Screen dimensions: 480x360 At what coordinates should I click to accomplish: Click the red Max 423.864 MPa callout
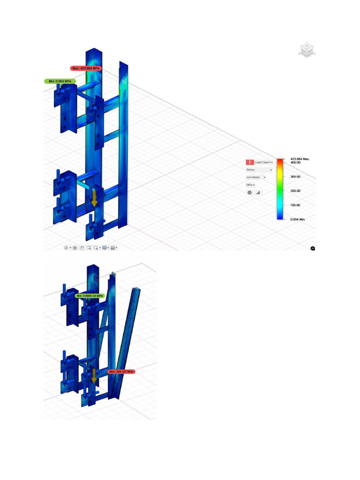tap(86, 68)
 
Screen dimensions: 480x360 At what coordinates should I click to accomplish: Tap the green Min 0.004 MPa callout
tap(60, 81)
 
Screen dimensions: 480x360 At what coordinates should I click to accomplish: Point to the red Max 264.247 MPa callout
tap(121, 371)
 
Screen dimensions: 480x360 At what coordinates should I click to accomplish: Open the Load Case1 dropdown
tap(264, 162)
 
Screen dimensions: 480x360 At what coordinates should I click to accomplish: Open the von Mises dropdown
tap(256, 177)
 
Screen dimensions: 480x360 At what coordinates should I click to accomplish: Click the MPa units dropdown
tap(251, 185)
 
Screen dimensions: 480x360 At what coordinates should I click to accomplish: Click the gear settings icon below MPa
tap(249, 192)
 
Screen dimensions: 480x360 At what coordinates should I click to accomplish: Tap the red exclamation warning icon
tap(249, 162)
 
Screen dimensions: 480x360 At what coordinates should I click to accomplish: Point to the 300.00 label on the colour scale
tap(295, 177)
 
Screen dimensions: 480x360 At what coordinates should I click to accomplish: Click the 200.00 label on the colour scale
tap(295, 191)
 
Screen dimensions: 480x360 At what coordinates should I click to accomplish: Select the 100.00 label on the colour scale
tap(295, 205)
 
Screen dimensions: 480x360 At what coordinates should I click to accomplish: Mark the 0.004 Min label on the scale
tap(297, 219)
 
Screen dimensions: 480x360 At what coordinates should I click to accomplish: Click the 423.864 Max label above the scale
tap(300, 159)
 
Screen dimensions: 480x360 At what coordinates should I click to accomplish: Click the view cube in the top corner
tap(307, 50)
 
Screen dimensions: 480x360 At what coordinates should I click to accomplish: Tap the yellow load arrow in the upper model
tap(94, 198)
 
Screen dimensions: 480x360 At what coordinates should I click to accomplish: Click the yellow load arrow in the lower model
tap(93, 375)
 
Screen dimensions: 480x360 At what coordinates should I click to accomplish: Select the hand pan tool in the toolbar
tap(82, 247)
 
